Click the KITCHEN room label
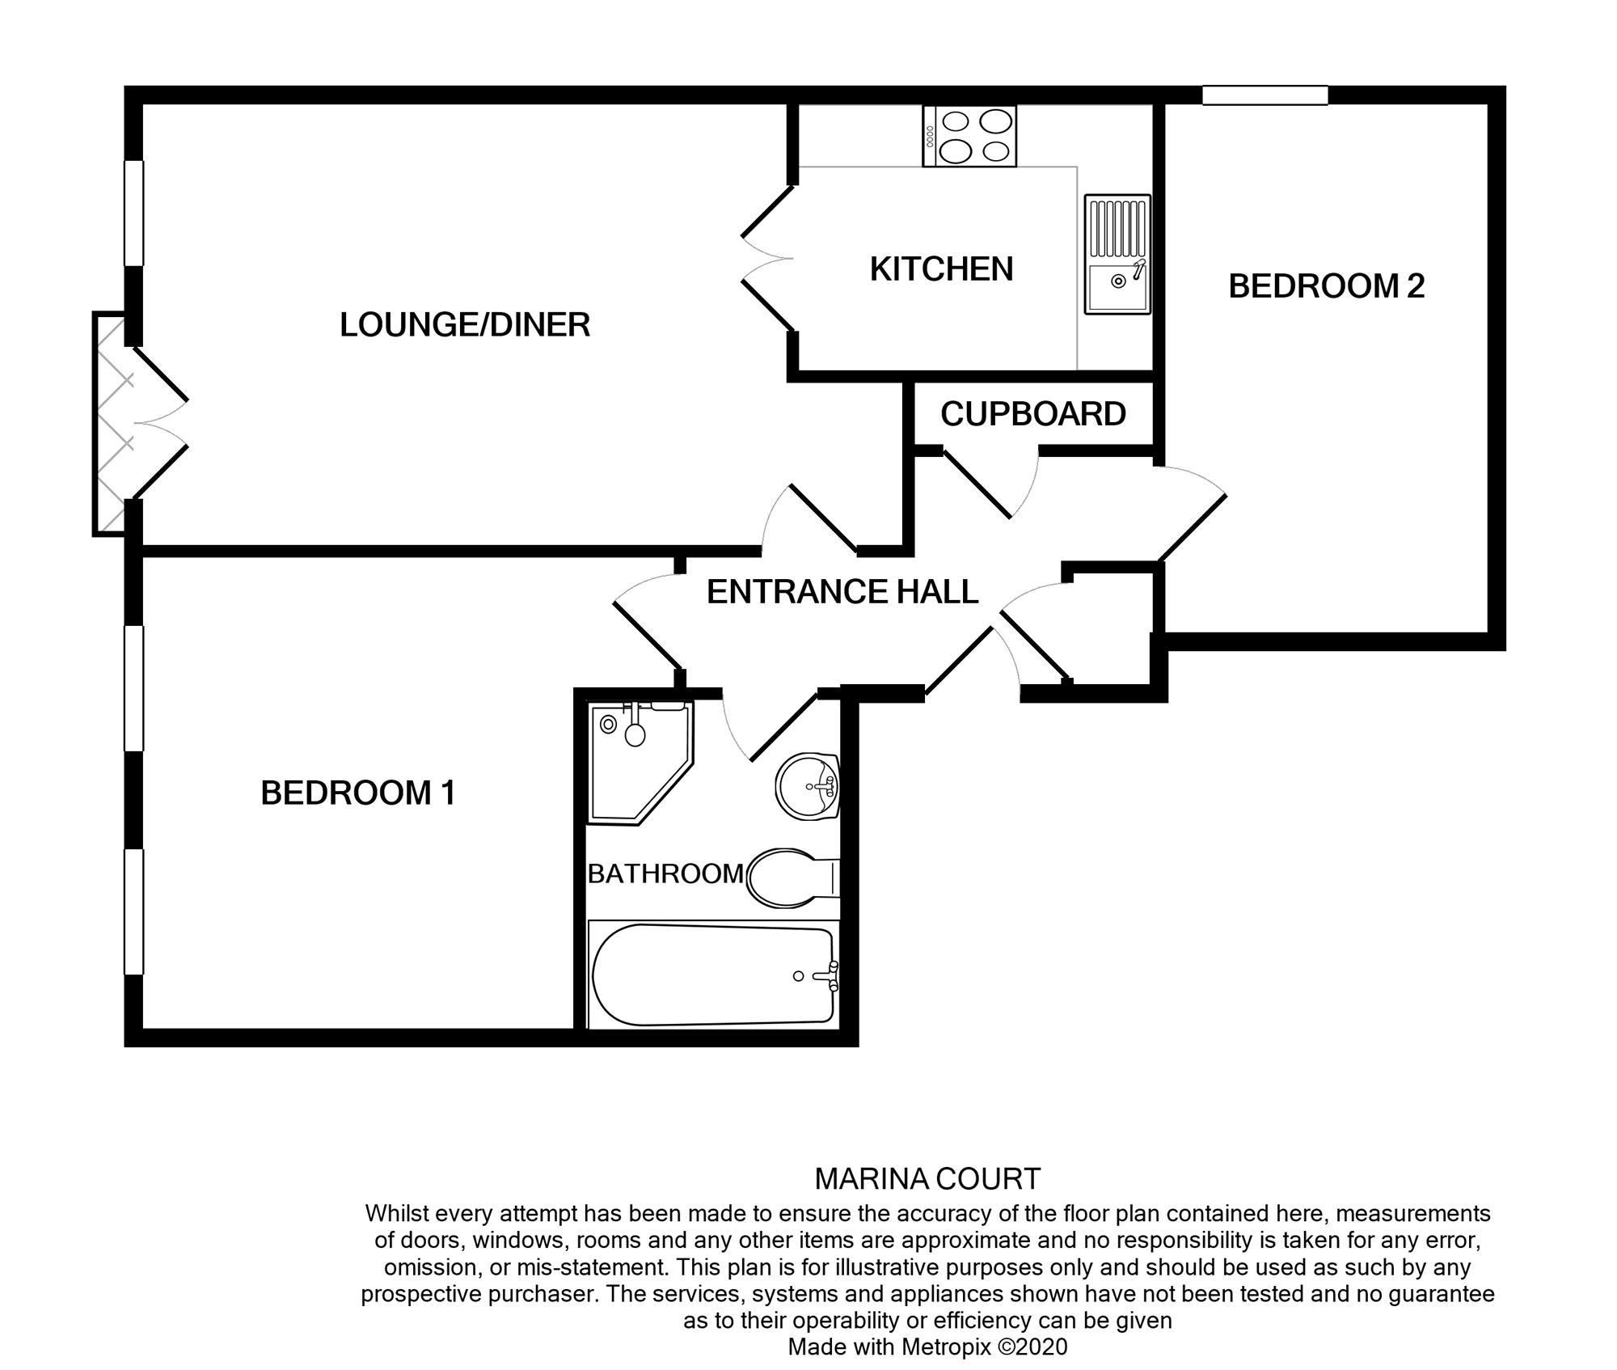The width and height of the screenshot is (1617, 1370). pyautogui.click(x=941, y=269)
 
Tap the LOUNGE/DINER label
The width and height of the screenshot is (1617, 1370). pyautogui.click(x=465, y=325)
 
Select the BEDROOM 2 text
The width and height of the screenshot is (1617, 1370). pyautogui.click(x=1326, y=286)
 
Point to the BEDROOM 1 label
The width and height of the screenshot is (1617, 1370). pyautogui.click(x=358, y=793)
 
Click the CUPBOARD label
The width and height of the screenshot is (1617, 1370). pyautogui.click(x=1032, y=414)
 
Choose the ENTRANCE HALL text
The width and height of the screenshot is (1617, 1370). pyautogui.click(x=842, y=592)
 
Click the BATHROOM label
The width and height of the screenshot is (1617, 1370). pyautogui.click(x=665, y=873)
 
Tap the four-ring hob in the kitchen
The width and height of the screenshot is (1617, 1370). pyautogui.click(x=969, y=137)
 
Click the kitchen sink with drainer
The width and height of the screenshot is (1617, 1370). pyautogui.click(x=1117, y=254)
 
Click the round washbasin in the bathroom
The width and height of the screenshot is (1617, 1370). pyautogui.click(x=807, y=786)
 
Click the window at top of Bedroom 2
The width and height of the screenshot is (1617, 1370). pyautogui.click(x=1264, y=95)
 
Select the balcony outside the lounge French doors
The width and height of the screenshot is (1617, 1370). pyautogui.click(x=110, y=424)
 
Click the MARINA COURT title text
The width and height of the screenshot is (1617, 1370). pyautogui.click(x=927, y=1179)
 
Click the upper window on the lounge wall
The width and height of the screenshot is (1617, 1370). pyautogui.click(x=133, y=213)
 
